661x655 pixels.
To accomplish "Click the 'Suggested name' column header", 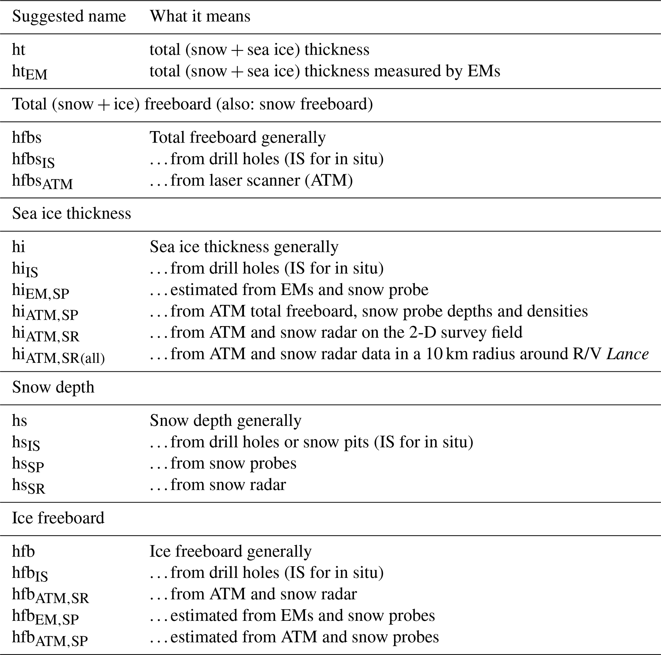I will pyautogui.click(x=69, y=16).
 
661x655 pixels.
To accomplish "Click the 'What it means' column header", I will pyautogui.click(x=200, y=16).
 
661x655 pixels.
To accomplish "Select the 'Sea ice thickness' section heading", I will pyautogui.click(x=72, y=214).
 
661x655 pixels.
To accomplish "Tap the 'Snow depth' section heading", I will pyautogui.click(x=53, y=387).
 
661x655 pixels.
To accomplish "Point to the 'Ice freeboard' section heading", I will pyautogui.click(x=58, y=518).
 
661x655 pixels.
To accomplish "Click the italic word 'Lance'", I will pyautogui.click(x=627, y=354).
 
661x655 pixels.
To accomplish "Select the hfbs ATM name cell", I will pyautogui.click(x=43, y=181).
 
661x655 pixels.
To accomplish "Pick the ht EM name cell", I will pyautogui.click(x=29, y=72).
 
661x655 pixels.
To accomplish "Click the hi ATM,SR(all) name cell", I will pyautogui.click(x=58, y=355).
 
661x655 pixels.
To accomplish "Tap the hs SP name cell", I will pyautogui.click(x=28, y=464).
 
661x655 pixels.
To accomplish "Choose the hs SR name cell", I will pyautogui.click(x=28, y=486).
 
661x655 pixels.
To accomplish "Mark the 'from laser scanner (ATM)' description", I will pyautogui.click(x=251, y=180).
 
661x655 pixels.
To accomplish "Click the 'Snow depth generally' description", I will pyautogui.click(x=225, y=421).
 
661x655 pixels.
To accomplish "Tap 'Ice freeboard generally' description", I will pyautogui.click(x=231, y=551).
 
